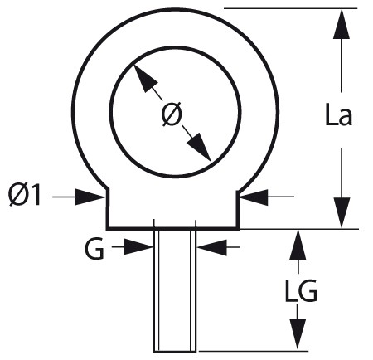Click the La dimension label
point(338,114)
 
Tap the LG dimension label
point(301,290)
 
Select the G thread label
point(94,250)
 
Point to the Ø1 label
point(25,195)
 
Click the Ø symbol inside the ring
point(172,114)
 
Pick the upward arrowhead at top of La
point(342,24)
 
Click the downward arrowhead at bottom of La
point(342,212)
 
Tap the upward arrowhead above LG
point(298,245)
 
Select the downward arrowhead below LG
point(298,333)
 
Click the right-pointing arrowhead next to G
point(138,246)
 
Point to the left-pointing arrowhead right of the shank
point(211,247)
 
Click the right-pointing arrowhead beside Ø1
point(90,197)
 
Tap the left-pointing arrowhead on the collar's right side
point(254,197)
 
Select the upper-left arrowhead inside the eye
point(145,78)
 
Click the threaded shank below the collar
point(175,290)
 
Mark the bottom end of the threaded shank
point(175,352)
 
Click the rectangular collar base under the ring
point(172,209)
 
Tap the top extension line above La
point(290,8)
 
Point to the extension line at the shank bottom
point(254,351)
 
